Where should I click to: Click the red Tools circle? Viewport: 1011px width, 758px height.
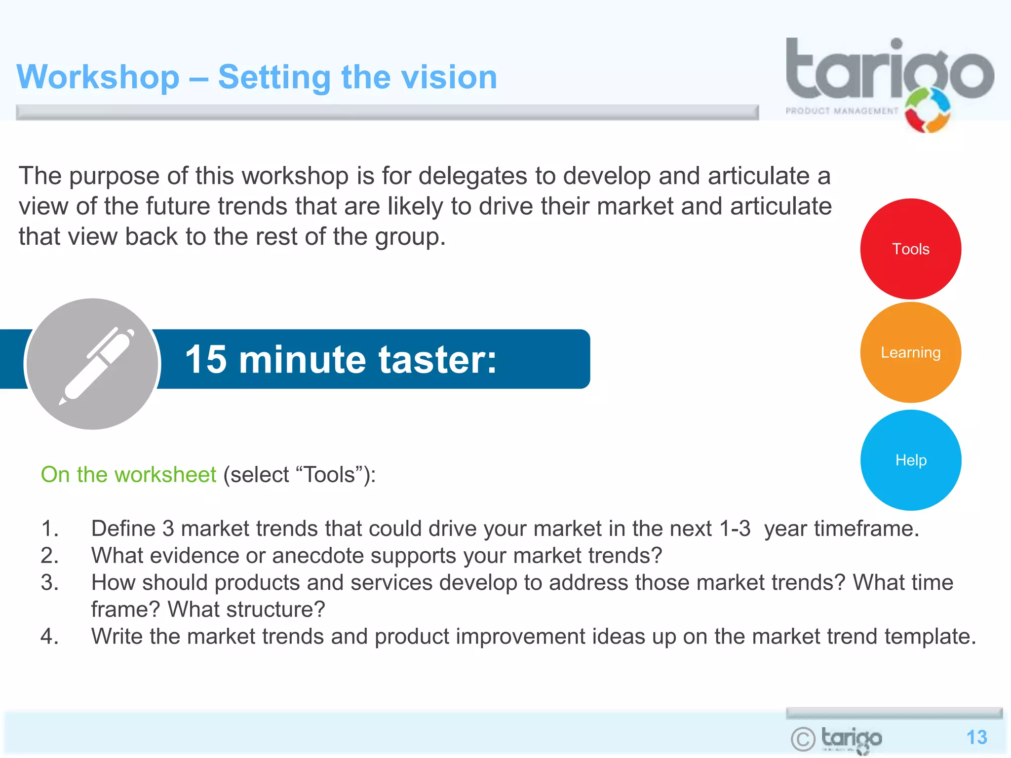pos(910,249)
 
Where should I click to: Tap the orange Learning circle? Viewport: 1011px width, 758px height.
pos(910,352)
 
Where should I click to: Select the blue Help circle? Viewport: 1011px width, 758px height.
pos(910,460)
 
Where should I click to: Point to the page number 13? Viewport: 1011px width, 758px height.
pos(976,737)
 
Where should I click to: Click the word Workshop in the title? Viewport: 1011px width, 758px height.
pos(98,77)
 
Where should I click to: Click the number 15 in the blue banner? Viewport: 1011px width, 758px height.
pos(206,359)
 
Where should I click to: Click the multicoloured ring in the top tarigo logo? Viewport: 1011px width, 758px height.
pos(928,110)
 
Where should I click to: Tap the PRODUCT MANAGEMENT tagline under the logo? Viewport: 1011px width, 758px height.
pos(842,111)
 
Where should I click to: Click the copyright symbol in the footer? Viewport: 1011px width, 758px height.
pos(803,739)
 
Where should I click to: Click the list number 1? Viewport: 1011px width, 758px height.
pos(49,529)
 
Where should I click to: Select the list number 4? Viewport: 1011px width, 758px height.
pos(49,637)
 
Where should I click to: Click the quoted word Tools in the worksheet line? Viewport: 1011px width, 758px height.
pos(329,475)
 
